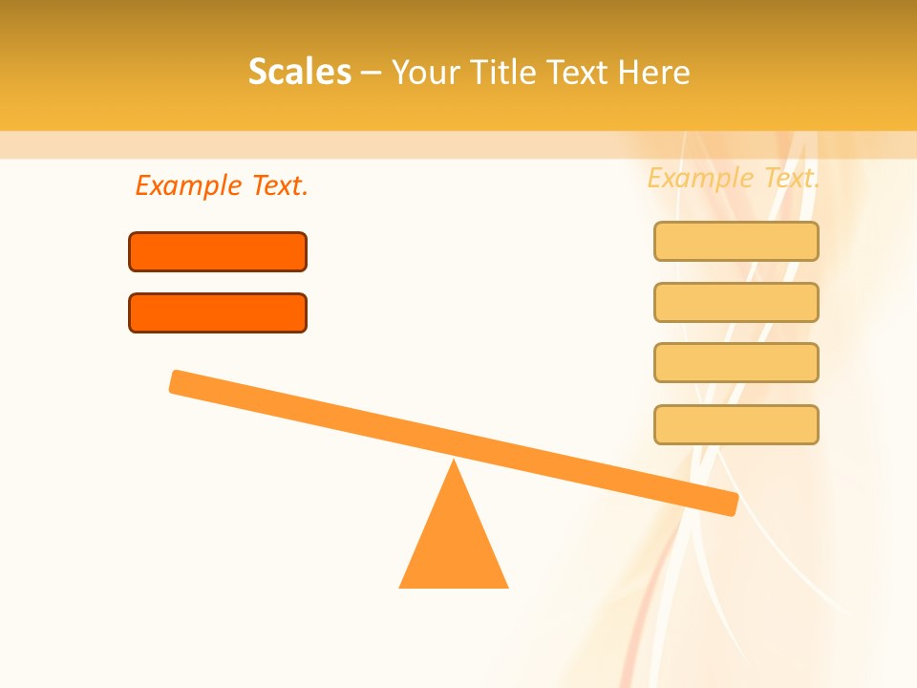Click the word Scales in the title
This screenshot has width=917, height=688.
pos(299,72)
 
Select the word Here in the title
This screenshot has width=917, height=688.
pos(653,72)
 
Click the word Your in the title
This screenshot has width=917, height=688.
pos(425,73)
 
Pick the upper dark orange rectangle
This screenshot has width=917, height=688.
pos(218,251)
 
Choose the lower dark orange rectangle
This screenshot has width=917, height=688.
pos(218,312)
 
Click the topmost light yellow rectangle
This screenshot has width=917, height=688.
pos(736,241)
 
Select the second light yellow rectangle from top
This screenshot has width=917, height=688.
pos(736,302)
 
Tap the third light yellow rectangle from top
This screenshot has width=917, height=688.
pos(736,362)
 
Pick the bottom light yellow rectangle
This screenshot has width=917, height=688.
pos(736,424)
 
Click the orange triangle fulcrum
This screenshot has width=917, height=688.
pos(454,540)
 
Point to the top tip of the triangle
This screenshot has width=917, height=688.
pos(454,462)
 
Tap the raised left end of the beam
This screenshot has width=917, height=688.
pos(179,381)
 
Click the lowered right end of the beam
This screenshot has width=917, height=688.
pos(729,503)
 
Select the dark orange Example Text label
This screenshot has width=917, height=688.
pos(222,185)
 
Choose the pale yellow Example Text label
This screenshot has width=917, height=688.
pos(733,178)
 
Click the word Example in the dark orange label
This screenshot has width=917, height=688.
pos(188,185)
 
